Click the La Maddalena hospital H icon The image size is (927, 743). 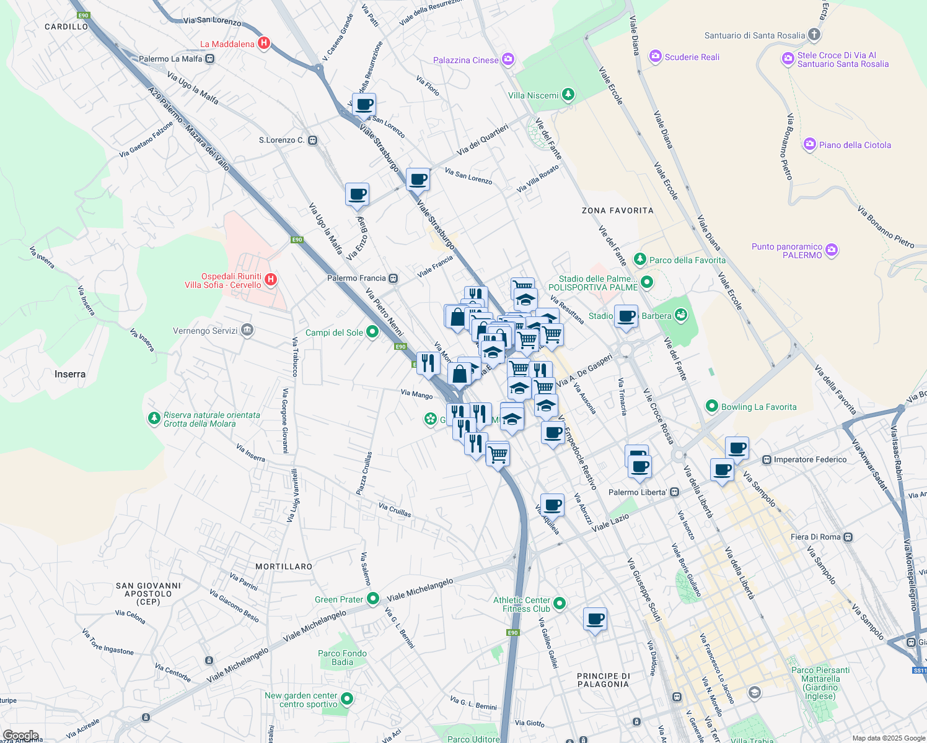click(x=263, y=43)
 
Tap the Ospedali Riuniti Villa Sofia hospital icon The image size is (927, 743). click(x=270, y=280)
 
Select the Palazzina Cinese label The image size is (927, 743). click(x=466, y=60)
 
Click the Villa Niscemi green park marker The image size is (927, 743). click(x=568, y=95)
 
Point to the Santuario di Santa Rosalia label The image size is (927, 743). click(x=755, y=35)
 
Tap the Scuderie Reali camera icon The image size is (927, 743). click(x=655, y=57)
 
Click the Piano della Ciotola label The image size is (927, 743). click(x=855, y=145)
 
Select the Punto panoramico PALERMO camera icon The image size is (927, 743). click(x=832, y=250)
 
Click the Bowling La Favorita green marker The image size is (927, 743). click(x=712, y=407)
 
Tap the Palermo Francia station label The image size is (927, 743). click(x=356, y=278)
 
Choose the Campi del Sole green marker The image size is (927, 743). click(x=372, y=332)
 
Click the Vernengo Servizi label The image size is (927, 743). click(x=205, y=331)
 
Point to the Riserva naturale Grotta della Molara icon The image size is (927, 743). click(x=154, y=419)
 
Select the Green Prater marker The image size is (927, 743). click(x=372, y=599)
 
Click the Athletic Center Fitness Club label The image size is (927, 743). click(x=522, y=604)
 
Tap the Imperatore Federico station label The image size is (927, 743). click(x=810, y=459)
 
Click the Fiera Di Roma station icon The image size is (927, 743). click(x=848, y=537)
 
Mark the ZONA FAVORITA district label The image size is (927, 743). click(x=617, y=211)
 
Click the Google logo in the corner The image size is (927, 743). click(x=20, y=736)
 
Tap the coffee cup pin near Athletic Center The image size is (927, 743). click(x=595, y=619)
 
